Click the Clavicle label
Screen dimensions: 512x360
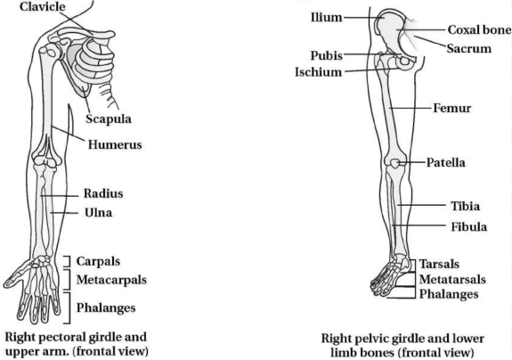(42, 6)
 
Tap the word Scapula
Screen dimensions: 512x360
(109, 119)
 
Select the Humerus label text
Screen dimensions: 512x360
(115, 144)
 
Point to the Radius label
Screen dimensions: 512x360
(103, 193)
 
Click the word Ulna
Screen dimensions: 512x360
(99, 213)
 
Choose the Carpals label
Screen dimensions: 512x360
(98, 261)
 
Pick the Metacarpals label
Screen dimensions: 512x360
(111, 280)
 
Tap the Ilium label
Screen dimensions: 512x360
(327, 17)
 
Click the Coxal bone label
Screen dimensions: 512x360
(480, 29)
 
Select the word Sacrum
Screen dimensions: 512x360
(469, 48)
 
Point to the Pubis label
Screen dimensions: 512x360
(327, 55)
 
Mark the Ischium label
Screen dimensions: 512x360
(319, 72)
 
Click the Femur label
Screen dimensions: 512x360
(452, 108)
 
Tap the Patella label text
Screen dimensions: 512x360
(446, 162)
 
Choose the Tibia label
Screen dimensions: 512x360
(466, 206)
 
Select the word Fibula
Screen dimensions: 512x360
(469, 226)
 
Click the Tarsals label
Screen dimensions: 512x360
(439, 264)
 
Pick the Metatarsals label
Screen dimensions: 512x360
(452, 279)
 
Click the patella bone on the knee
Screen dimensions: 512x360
(395, 163)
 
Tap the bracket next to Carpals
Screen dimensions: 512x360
(69, 261)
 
